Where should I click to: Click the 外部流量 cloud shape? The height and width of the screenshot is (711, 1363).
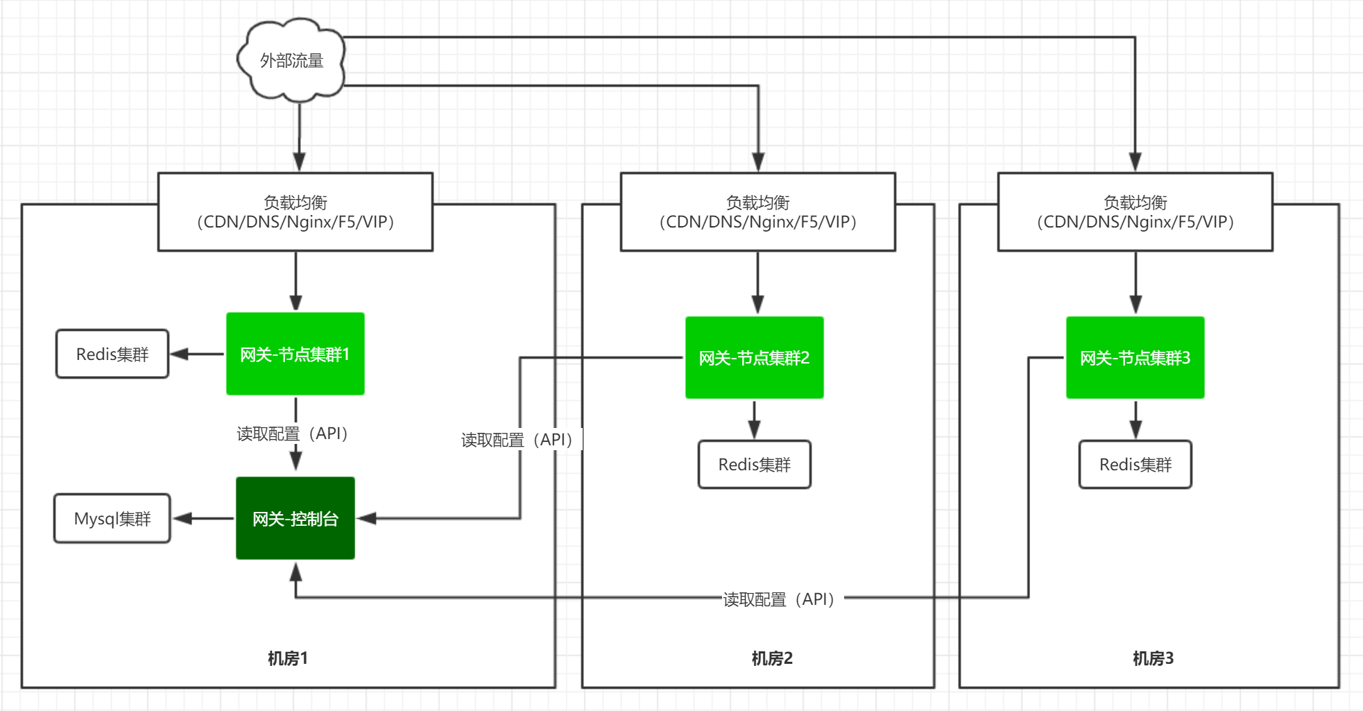click(291, 61)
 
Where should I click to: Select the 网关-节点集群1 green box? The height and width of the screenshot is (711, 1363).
click(295, 354)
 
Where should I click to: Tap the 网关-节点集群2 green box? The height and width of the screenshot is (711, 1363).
click(755, 358)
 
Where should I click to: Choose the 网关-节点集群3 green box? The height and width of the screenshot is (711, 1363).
click(1135, 358)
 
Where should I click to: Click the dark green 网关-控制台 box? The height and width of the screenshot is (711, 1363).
click(295, 518)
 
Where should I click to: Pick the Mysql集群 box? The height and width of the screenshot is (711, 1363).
click(112, 518)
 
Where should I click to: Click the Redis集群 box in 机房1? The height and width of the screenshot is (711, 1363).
click(112, 354)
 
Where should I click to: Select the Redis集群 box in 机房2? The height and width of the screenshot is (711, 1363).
click(755, 464)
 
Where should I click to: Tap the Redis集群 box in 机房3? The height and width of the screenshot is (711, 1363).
click(1135, 464)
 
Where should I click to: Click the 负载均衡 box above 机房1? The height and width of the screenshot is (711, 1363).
click(295, 212)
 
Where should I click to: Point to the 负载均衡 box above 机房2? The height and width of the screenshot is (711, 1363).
click(757, 212)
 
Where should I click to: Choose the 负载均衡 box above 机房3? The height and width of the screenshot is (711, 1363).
click(1135, 212)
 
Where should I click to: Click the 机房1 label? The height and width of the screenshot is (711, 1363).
click(287, 658)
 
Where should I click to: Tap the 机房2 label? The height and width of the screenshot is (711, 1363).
click(771, 658)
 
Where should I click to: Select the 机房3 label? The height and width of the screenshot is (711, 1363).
click(1153, 658)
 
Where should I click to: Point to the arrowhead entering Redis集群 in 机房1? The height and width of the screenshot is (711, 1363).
click(179, 354)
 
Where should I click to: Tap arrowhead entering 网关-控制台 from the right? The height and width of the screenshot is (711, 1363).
click(366, 518)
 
